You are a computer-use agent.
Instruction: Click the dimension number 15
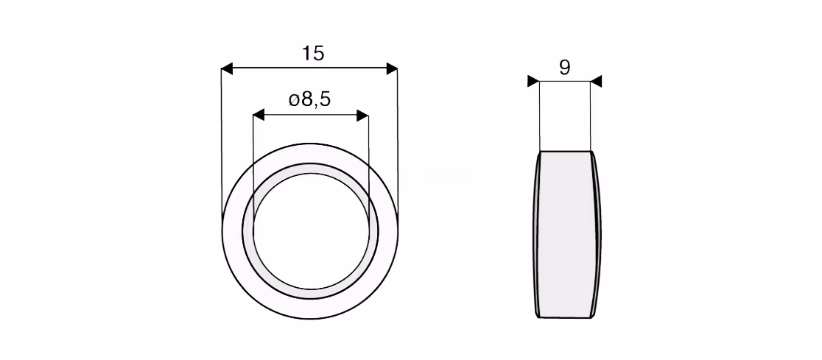click(313, 54)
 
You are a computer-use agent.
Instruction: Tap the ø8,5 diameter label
click(310, 99)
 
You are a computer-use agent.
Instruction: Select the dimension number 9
click(565, 68)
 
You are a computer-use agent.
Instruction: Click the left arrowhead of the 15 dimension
click(226, 68)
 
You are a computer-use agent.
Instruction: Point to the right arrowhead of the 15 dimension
click(392, 68)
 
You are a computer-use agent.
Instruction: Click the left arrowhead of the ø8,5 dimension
click(259, 116)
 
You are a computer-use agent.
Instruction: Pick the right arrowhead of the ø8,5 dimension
click(363, 116)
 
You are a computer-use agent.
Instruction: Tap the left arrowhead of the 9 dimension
click(533, 81)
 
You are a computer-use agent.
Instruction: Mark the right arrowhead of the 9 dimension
click(596, 81)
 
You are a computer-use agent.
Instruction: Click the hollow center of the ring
click(310, 230)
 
